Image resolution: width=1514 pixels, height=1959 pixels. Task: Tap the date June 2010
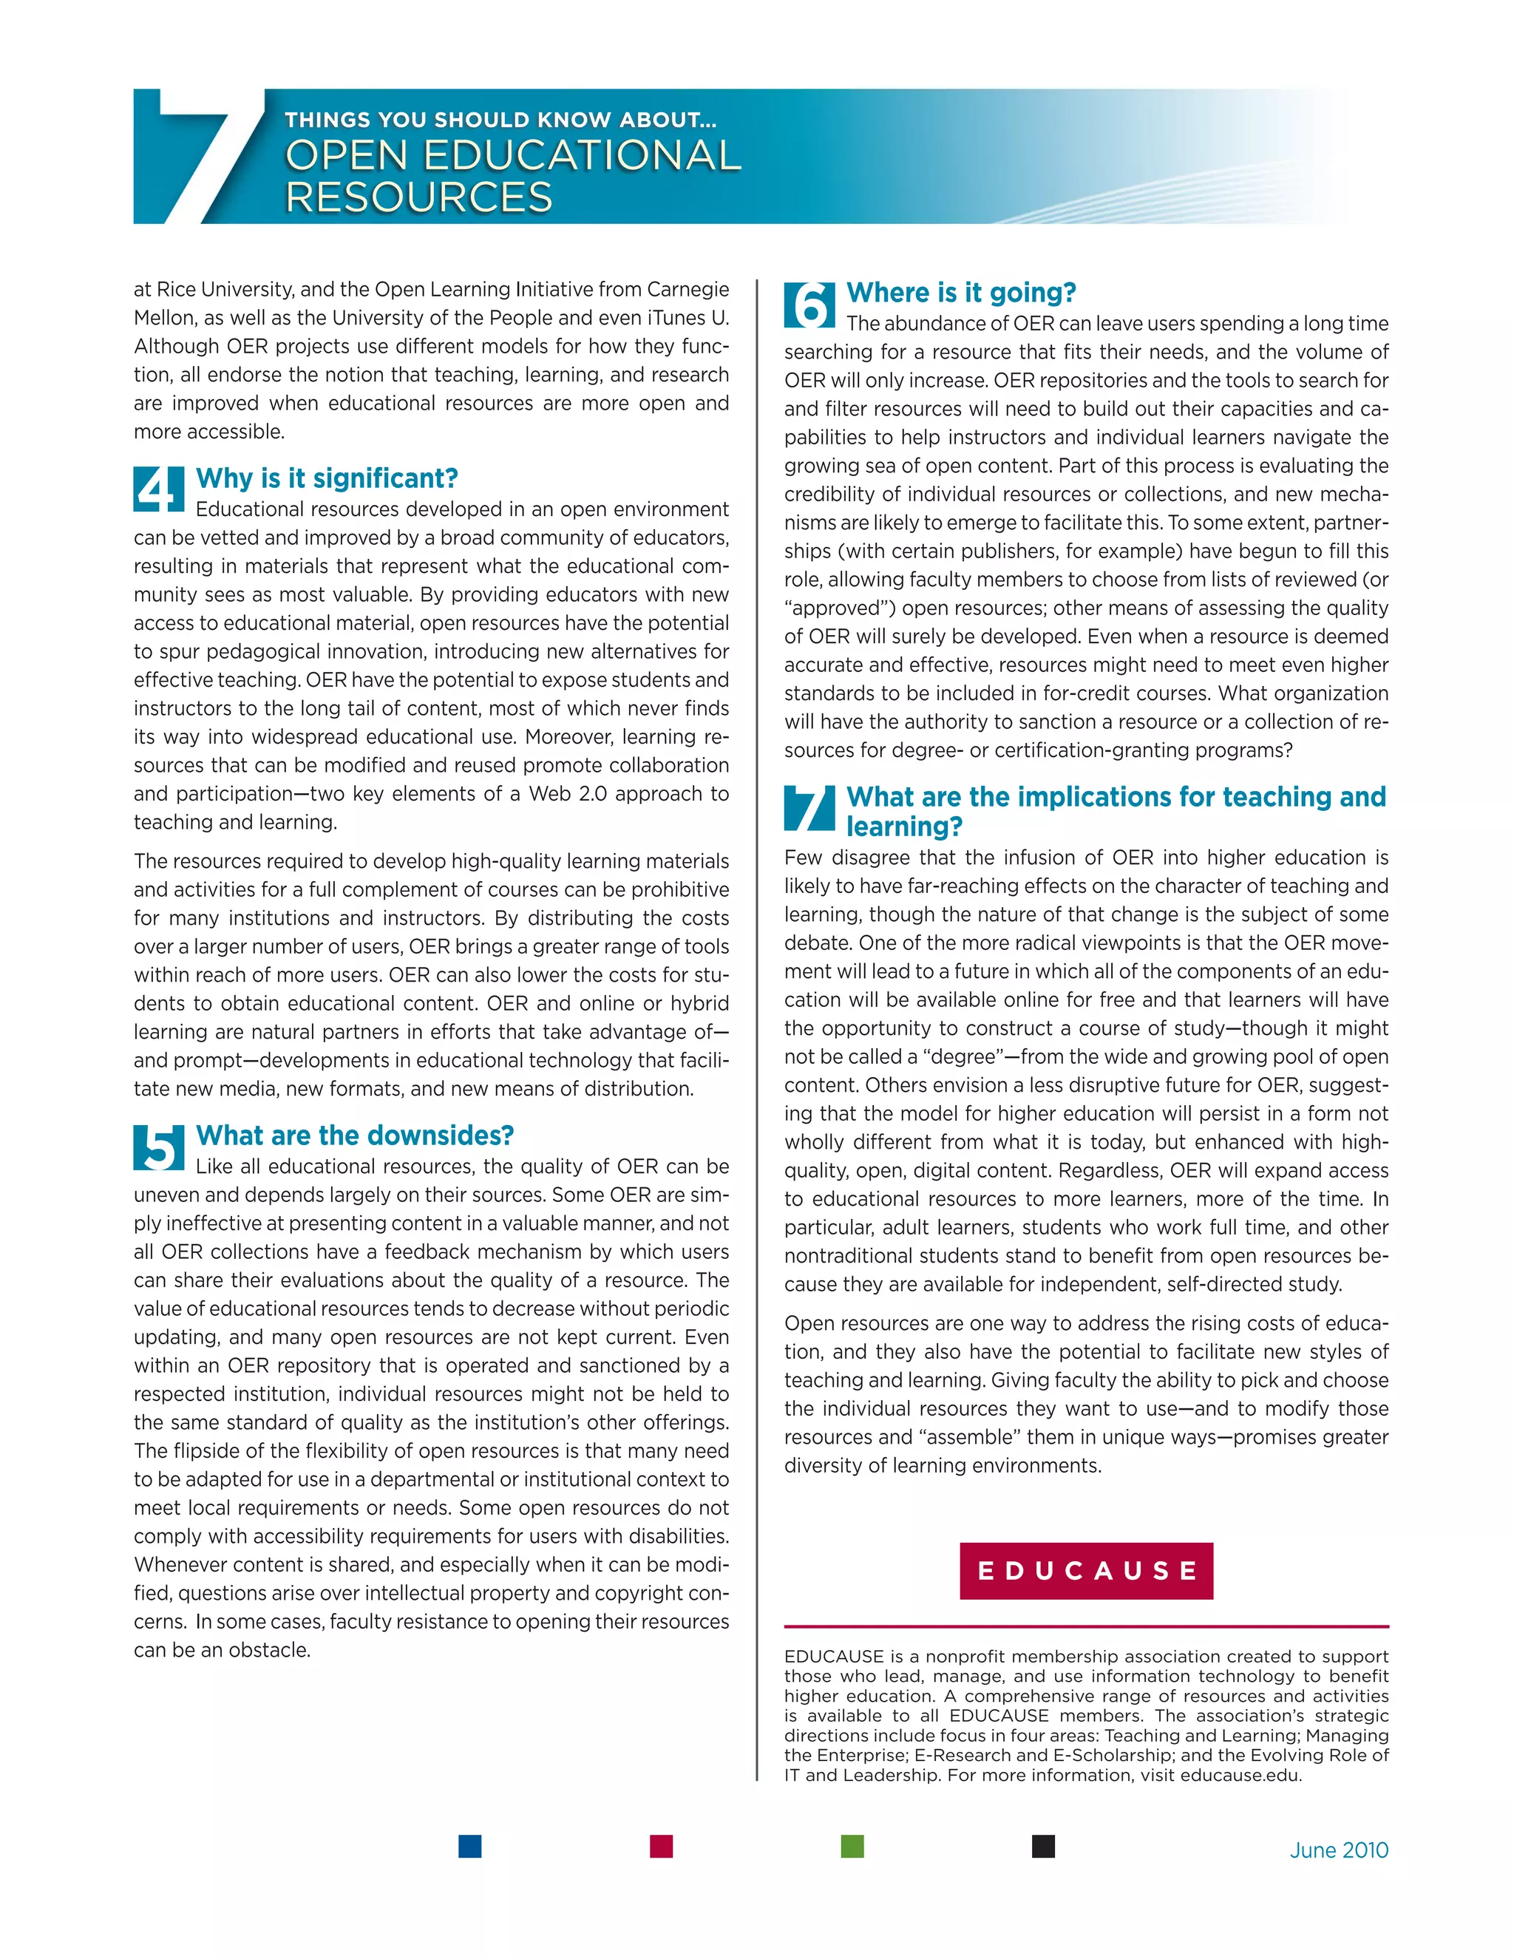1338,1850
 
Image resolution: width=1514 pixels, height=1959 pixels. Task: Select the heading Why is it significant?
327,478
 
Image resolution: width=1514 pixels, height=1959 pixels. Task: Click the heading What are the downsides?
354,1135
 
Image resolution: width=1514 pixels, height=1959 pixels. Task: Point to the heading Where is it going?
960,293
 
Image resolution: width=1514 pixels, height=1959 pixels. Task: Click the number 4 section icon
159,489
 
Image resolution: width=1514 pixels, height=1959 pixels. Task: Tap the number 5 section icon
159,1147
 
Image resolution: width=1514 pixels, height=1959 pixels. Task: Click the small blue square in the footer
469,1846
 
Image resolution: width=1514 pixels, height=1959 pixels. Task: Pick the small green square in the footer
852,1846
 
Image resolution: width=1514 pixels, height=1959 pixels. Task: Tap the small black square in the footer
1042,1846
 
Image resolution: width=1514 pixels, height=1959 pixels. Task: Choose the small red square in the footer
661,1846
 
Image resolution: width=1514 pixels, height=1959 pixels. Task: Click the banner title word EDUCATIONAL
581,155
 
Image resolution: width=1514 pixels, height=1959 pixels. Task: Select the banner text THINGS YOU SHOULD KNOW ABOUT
500,119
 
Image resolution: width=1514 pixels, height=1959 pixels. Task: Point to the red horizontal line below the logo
1085,1626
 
